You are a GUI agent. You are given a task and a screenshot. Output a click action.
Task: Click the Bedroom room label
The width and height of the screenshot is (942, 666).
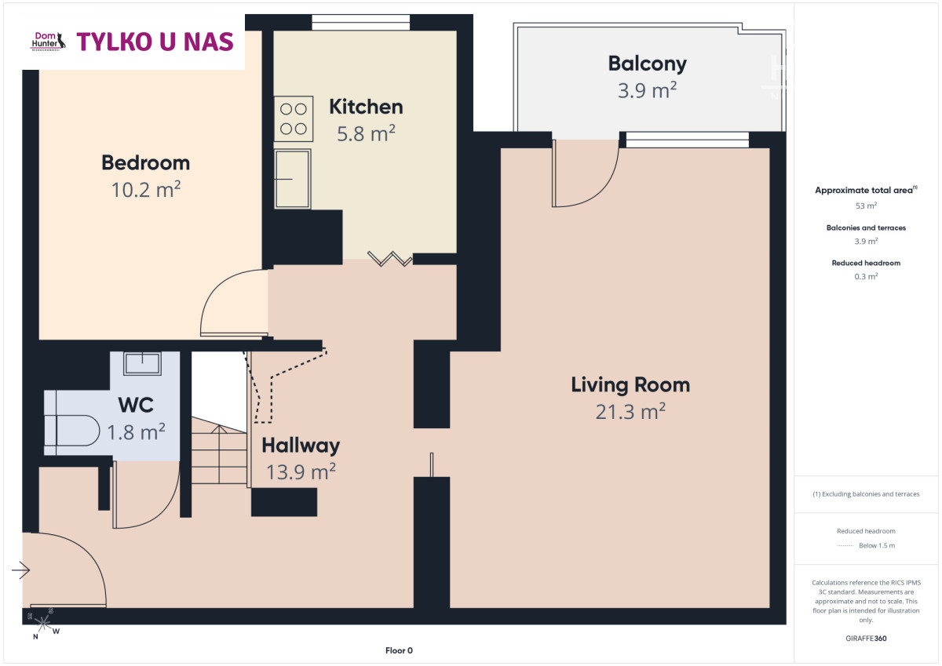click(145, 162)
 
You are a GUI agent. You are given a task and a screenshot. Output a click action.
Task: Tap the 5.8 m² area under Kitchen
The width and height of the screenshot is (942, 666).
click(366, 133)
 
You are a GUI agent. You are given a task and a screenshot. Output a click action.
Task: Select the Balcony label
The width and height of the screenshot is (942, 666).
click(647, 64)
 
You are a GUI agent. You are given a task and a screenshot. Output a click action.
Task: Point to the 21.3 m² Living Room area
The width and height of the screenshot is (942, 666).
click(630, 411)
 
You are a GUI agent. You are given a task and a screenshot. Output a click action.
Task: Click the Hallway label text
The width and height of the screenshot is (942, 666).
click(301, 446)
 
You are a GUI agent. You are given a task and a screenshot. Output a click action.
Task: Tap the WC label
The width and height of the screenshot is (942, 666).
click(136, 405)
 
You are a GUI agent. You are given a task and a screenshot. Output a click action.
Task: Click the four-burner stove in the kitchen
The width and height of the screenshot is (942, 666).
click(294, 119)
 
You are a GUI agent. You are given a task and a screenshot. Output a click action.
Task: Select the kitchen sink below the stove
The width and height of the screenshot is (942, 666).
click(293, 179)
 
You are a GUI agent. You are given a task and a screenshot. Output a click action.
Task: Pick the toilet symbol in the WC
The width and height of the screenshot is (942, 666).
click(72, 430)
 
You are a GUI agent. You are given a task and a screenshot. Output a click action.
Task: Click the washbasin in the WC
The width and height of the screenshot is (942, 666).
click(142, 363)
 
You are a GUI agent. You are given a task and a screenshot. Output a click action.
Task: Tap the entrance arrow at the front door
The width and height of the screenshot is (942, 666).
click(20, 570)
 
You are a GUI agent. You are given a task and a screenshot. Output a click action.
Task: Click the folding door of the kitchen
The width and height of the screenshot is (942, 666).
click(390, 258)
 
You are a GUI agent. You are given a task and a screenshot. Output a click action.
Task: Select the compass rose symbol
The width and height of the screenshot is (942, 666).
click(43, 622)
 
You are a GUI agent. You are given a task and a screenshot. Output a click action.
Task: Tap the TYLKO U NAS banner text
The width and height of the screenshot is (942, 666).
click(155, 42)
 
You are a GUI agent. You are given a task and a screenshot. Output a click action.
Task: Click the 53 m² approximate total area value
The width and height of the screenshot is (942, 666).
click(866, 206)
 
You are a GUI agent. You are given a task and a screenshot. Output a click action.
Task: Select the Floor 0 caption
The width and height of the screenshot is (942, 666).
click(399, 650)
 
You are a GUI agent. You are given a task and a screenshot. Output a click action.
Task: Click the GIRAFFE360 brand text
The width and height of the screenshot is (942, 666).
click(866, 639)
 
